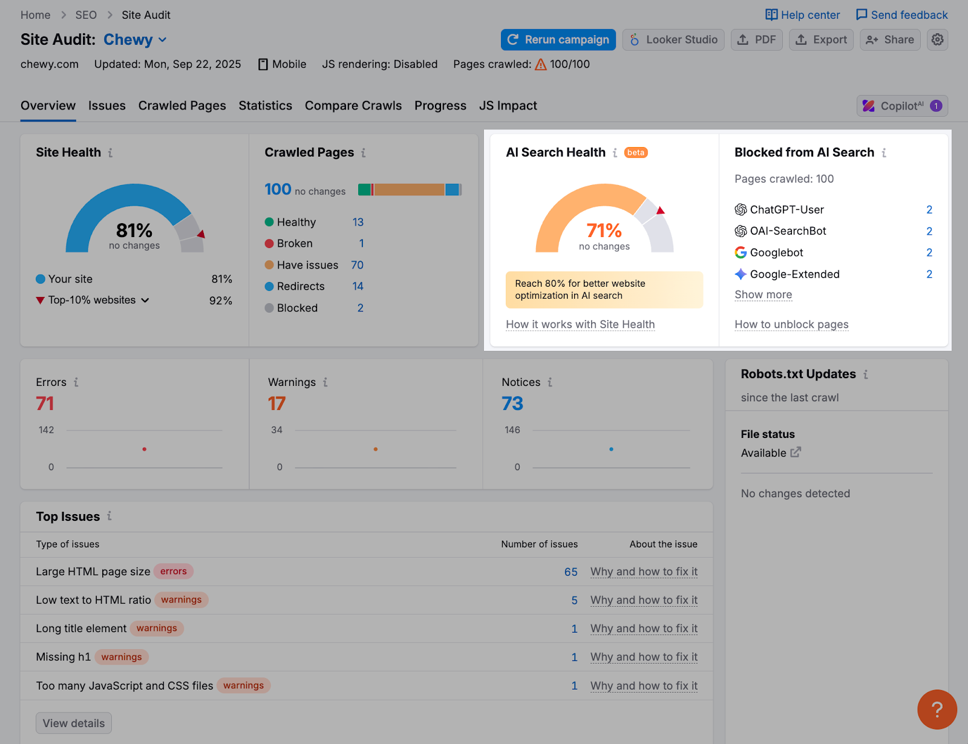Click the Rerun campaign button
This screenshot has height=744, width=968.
click(558, 40)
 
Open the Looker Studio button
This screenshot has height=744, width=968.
click(673, 40)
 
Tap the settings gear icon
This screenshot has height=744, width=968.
click(937, 40)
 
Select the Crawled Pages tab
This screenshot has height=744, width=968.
click(182, 106)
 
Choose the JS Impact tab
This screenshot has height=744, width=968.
click(508, 106)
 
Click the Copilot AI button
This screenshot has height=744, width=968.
click(901, 106)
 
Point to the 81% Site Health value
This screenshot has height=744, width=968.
click(134, 230)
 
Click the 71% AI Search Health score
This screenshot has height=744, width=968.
click(604, 230)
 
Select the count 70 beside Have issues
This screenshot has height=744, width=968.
click(357, 265)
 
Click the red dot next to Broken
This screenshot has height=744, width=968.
click(269, 244)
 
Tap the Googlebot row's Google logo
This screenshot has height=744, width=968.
click(741, 253)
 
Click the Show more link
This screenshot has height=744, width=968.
click(763, 295)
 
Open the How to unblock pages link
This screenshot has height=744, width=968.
click(791, 325)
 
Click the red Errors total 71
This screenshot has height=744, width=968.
click(45, 403)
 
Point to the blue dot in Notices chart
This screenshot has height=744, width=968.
click(611, 449)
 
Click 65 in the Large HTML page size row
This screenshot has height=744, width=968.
click(571, 572)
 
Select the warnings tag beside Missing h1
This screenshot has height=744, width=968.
click(122, 657)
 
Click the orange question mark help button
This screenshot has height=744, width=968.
click(937, 710)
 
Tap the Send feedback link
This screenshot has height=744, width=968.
click(901, 15)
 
